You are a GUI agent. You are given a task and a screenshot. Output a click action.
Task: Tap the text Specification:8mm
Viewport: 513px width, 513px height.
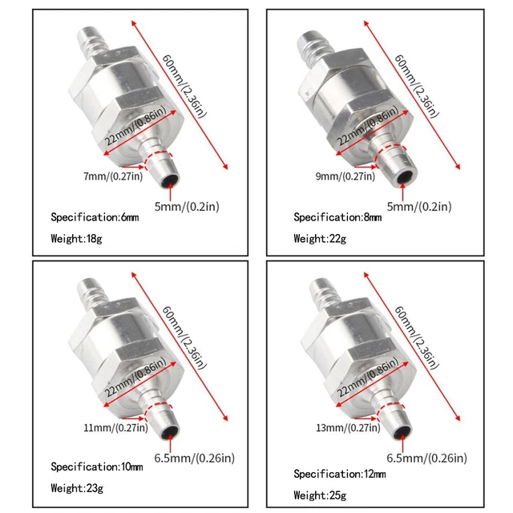[339, 217]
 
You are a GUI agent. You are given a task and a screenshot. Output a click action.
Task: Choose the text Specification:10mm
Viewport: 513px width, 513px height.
[97, 467]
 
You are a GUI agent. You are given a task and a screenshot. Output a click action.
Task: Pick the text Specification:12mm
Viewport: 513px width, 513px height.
[339, 474]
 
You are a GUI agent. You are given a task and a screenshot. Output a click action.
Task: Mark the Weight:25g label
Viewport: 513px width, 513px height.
[321, 495]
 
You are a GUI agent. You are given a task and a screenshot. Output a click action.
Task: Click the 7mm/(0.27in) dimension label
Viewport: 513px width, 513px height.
[112, 176]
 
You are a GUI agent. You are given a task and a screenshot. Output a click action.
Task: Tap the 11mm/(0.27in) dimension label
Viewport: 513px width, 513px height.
[114, 426]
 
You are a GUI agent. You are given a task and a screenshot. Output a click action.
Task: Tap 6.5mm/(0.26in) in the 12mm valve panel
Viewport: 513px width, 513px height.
[427, 459]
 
